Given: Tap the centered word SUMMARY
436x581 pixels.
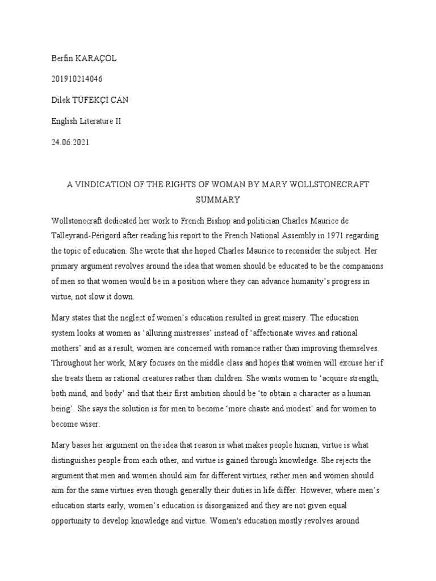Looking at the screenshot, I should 218,200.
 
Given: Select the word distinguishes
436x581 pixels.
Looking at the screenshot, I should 74,460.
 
